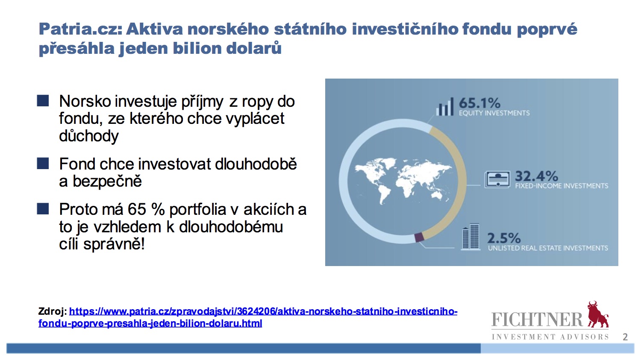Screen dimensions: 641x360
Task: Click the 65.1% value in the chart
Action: point(479,103)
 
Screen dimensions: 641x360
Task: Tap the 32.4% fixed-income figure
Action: point(537,176)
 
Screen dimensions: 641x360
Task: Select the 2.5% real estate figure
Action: point(504,238)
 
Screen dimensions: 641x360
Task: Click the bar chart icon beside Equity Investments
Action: point(445,106)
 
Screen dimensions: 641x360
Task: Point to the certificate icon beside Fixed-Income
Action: point(497,179)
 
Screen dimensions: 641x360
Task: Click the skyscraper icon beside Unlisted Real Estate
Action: point(471,237)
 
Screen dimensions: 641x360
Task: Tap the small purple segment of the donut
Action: point(419,237)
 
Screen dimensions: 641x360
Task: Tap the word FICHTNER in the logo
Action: point(537,319)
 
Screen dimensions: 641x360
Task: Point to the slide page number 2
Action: point(625,337)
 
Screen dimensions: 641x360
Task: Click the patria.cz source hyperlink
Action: point(248,317)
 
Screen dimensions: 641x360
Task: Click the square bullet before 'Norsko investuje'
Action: point(43,101)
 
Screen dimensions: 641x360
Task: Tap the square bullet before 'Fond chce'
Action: point(43,164)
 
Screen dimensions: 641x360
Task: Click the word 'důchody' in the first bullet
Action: point(89,136)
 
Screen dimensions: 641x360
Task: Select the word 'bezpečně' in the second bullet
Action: point(107,181)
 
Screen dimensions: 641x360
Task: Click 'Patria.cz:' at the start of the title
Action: point(80,29)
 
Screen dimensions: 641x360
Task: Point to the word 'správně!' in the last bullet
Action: point(114,244)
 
